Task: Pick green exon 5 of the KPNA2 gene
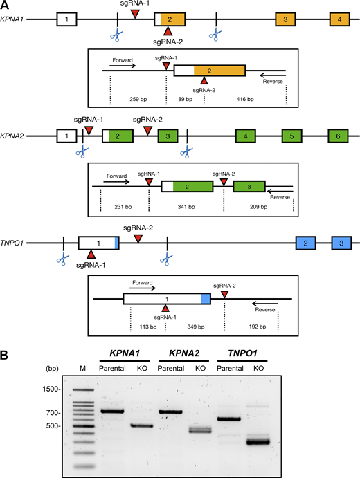point(291,137)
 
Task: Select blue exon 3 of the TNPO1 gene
point(341,243)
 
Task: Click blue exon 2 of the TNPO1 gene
point(305,243)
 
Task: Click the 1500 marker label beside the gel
point(51,389)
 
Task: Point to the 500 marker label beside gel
point(53,426)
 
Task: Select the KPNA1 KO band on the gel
point(141,426)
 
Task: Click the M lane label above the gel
point(82,367)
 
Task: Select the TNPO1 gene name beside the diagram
point(17,243)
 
